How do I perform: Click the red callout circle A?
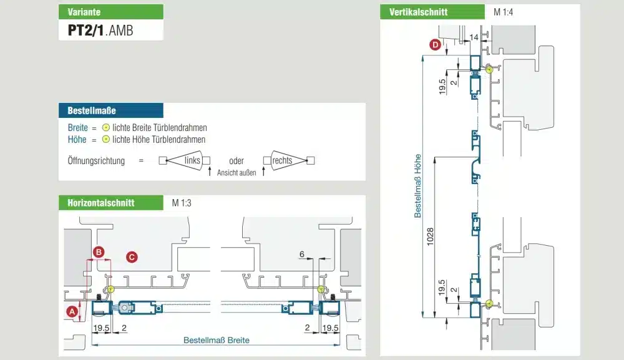[72, 311]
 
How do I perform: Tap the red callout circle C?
[132, 256]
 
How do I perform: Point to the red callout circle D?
[435, 44]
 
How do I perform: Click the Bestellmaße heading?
[92, 110]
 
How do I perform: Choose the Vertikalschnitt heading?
[418, 12]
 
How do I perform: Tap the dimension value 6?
[302, 255]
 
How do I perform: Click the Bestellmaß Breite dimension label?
[216, 340]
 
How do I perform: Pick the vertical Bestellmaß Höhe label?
[418, 185]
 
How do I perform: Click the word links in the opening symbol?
[193, 160]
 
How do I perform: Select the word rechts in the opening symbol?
[283, 160]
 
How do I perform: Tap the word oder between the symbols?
[236, 160]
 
